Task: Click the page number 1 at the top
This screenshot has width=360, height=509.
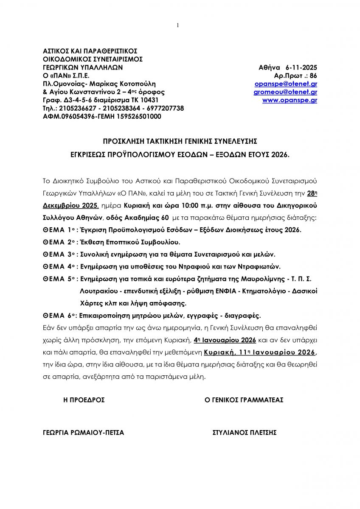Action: [x=178, y=25]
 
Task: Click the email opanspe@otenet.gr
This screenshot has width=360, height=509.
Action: [x=285, y=84]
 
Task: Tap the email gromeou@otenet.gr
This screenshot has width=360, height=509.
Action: [x=285, y=92]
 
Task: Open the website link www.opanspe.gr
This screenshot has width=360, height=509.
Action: [x=290, y=101]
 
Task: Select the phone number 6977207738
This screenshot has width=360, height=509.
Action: [x=166, y=109]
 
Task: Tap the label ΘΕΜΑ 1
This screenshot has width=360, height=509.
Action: [x=59, y=230]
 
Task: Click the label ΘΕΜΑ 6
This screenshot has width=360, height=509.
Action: [x=59, y=316]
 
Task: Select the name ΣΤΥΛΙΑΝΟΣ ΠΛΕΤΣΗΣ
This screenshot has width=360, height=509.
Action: [x=245, y=433]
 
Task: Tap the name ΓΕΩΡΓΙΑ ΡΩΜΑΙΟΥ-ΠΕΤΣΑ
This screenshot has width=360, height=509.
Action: [x=84, y=433]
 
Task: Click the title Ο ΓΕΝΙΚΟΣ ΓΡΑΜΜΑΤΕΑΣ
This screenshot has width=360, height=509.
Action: [x=244, y=400]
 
